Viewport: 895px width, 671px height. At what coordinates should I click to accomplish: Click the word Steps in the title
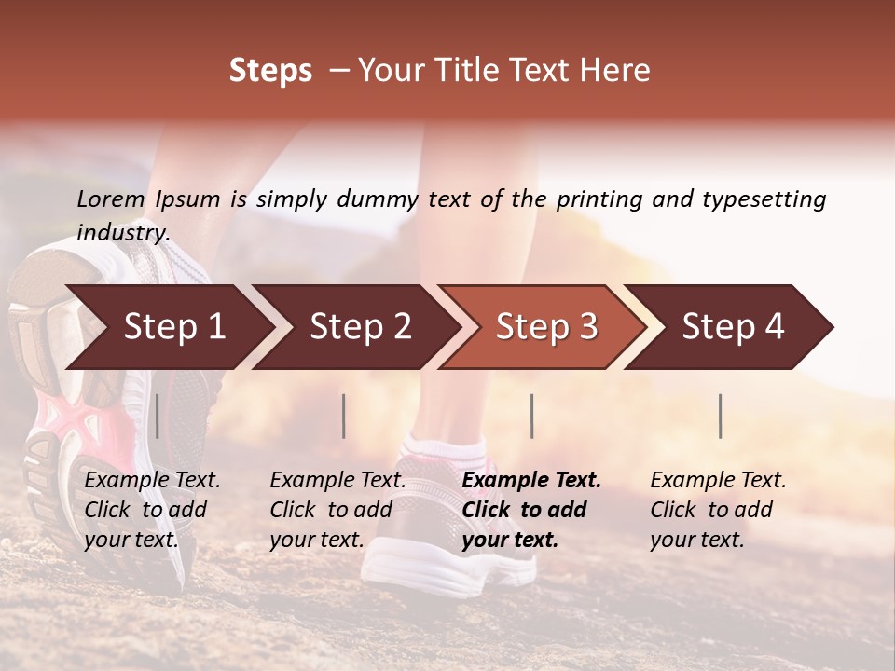pos(270,71)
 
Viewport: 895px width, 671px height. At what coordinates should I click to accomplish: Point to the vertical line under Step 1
pos(158,416)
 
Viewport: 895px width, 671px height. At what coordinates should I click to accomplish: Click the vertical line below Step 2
pos(344,416)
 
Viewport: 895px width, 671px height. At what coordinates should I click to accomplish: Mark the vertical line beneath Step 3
pos(532,416)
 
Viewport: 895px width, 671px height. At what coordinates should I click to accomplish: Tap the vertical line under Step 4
pos(721,416)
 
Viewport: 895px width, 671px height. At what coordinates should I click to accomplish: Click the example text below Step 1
pos(152,510)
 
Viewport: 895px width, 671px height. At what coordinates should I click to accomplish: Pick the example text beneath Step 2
pos(337,510)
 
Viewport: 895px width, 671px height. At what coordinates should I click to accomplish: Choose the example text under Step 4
pos(718,510)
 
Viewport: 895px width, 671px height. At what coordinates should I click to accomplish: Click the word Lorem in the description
pos(111,199)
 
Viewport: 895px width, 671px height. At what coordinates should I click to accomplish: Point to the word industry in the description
pos(123,233)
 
